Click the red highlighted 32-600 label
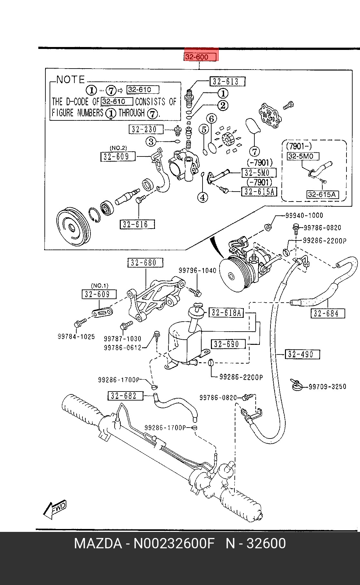(201, 57)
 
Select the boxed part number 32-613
(227, 81)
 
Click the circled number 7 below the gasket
(254, 151)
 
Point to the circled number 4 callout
(203, 197)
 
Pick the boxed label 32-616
(137, 224)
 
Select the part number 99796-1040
(198, 271)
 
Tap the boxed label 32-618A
(226, 312)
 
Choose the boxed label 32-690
(228, 344)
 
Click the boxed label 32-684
(328, 313)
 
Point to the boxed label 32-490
(302, 354)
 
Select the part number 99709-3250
(327, 387)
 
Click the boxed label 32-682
(125, 396)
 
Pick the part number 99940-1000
(304, 215)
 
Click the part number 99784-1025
(76, 337)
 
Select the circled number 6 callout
(212, 119)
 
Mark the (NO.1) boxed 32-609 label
(99, 294)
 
